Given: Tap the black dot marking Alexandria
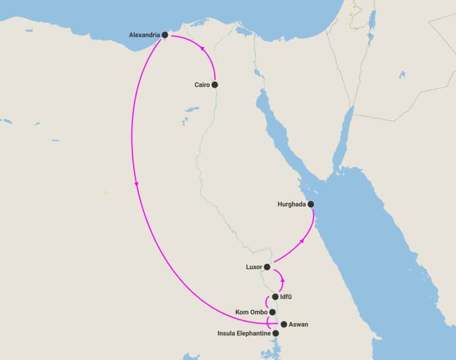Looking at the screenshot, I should (x=165, y=35).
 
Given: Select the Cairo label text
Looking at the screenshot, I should (x=202, y=84).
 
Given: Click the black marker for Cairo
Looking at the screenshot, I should (x=215, y=84).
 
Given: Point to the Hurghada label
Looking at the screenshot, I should (x=292, y=205).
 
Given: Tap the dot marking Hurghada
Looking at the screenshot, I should (x=311, y=205).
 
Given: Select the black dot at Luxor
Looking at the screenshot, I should (x=267, y=267).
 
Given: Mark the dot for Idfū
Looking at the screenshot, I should (x=275, y=297).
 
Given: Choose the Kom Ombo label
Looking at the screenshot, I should (x=251, y=312).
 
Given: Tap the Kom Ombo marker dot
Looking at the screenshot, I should (x=273, y=312).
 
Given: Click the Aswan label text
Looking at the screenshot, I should (x=298, y=324).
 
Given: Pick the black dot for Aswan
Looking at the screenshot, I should (x=284, y=324).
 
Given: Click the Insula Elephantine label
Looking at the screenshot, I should (x=244, y=333).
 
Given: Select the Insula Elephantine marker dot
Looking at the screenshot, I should (x=276, y=333).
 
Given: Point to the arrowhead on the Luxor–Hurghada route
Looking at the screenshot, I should (x=302, y=241).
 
